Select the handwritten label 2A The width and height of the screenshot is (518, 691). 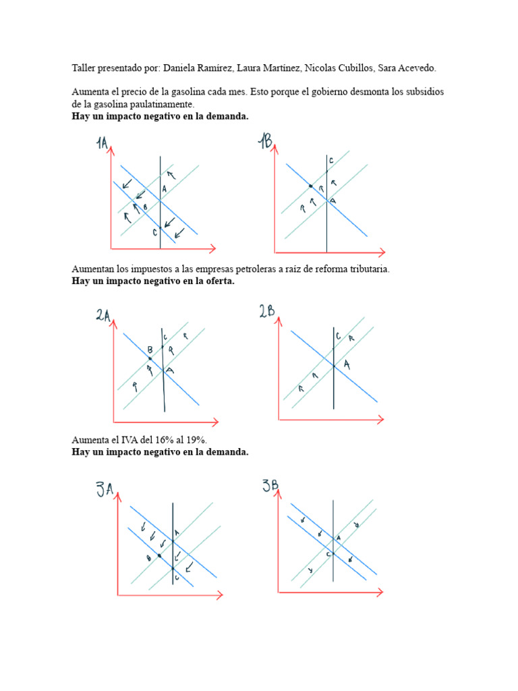[x=103, y=316]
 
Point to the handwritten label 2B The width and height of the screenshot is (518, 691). [x=266, y=311]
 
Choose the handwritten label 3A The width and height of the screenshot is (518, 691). [x=104, y=489]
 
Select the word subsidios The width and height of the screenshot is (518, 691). [x=423, y=92]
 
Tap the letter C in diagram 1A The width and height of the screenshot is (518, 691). [x=154, y=232]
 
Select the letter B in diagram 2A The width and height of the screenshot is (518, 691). [x=150, y=350]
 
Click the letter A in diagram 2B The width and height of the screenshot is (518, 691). [x=347, y=364]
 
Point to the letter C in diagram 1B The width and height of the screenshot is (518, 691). [x=331, y=161]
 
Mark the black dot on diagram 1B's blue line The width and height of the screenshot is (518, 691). [x=311, y=186]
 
